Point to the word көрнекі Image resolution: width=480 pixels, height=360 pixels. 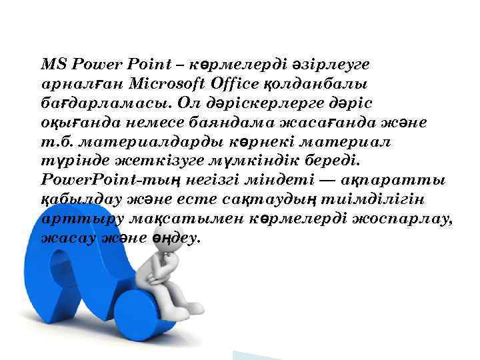pyautogui.click(x=255, y=143)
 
